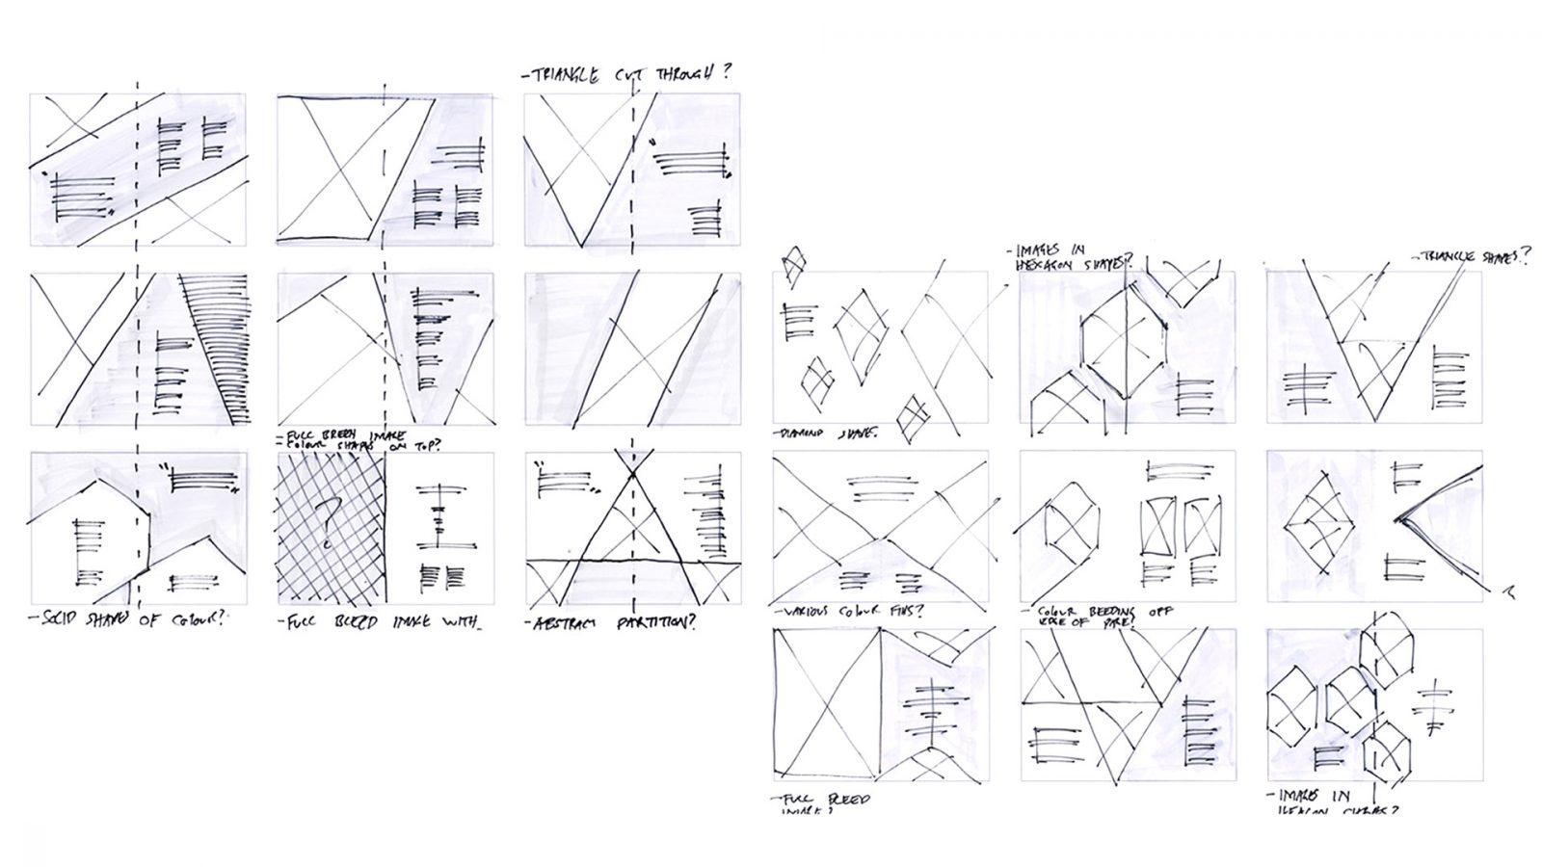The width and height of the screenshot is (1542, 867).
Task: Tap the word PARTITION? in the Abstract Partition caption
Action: pyautogui.click(x=656, y=623)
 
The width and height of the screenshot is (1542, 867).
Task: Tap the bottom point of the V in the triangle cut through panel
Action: pyautogui.click(x=582, y=246)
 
